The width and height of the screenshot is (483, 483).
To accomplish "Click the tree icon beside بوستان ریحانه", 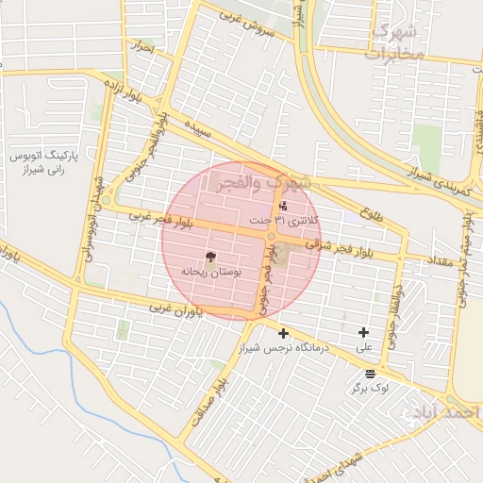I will point(210,257).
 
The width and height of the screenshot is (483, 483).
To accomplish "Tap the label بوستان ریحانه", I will point(210,272).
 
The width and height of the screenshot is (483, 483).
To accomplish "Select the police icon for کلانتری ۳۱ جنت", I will point(284,206).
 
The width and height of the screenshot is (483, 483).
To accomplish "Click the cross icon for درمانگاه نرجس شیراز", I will point(283,333).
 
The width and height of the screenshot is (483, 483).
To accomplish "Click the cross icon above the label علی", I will point(364,332).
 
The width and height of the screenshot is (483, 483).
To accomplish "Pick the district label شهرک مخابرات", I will point(395,42).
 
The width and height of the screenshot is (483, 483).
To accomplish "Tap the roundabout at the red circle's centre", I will point(272,236).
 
